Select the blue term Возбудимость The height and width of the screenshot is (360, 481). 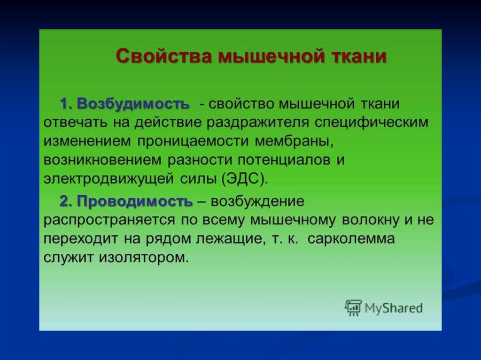(x=133, y=104)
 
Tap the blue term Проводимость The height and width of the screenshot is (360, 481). (x=135, y=202)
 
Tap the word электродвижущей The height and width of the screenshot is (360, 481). (x=109, y=179)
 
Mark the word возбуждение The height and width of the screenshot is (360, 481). (x=258, y=202)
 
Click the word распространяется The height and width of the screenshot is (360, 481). (x=109, y=221)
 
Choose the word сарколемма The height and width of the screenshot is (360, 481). (x=351, y=239)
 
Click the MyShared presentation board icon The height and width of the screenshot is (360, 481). (x=353, y=307)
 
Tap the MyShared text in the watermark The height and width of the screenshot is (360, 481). (x=394, y=307)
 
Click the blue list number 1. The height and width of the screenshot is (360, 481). (x=65, y=104)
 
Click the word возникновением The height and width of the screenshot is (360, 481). (x=102, y=160)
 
